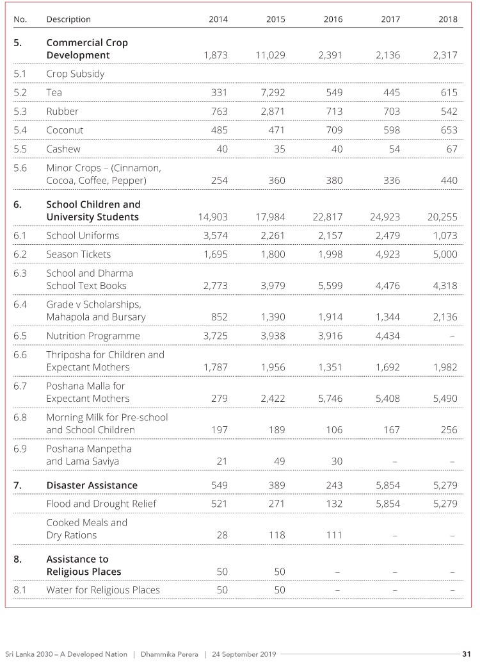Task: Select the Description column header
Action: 68,19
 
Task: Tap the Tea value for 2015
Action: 272,92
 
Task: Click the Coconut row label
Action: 65,130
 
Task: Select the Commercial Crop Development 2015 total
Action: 270,55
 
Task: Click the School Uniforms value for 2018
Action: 445,235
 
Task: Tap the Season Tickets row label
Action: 78,254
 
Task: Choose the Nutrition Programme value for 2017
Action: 388,336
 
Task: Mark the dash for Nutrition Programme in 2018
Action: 452,336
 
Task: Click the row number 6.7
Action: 20,386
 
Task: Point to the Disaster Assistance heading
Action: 92,485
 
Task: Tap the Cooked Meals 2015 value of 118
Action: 276,535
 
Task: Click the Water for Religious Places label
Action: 103,590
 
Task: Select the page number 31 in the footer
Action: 467,654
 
